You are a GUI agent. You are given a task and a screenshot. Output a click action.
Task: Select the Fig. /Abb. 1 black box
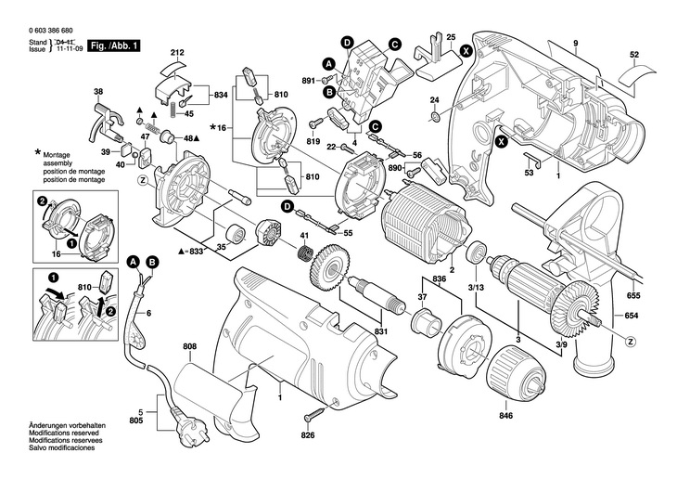[x=113, y=45]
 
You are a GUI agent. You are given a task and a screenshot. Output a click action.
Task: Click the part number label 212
[x=177, y=52]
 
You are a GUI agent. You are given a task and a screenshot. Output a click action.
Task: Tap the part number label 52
[x=634, y=55]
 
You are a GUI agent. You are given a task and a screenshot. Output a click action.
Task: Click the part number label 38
[x=98, y=91]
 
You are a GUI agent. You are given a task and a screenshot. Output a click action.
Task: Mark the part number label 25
[x=451, y=37]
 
